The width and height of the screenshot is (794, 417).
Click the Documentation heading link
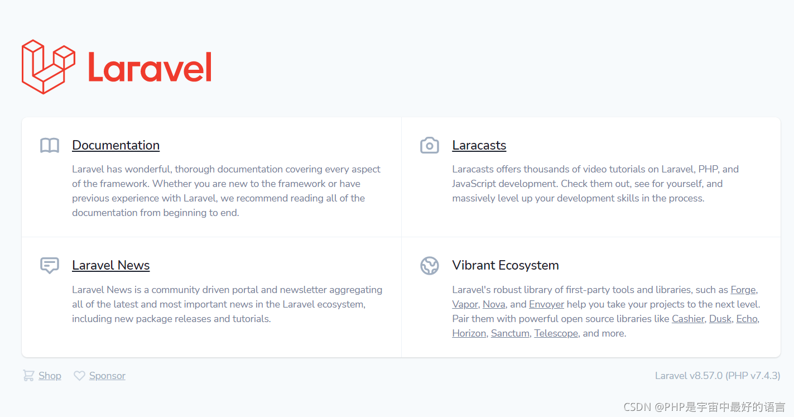click(116, 145)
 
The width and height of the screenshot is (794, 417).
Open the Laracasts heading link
click(479, 145)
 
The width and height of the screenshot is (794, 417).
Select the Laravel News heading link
click(110, 265)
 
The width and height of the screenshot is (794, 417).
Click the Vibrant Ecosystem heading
click(505, 265)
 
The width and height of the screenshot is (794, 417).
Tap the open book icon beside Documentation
click(50, 146)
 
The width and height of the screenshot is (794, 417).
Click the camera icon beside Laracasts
click(429, 146)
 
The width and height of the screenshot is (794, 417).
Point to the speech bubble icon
click(50, 265)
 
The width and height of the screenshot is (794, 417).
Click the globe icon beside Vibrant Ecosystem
click(429, 266)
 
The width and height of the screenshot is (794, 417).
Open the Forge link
click(743, 290)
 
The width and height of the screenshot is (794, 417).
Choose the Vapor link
click(465, 304)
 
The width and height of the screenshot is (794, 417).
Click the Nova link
click(494, 304)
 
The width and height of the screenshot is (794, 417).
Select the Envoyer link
click(546, 304)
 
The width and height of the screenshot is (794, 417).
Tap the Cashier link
click(688, 319)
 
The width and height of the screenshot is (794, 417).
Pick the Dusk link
click(720, 319)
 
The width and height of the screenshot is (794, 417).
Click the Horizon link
click(469, 333)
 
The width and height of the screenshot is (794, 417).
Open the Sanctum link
click(510, 333)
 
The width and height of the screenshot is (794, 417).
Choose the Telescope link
click(556, 333)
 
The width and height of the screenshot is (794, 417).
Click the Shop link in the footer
click(50, 376)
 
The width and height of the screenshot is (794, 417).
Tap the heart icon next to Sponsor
click(80, 376)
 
